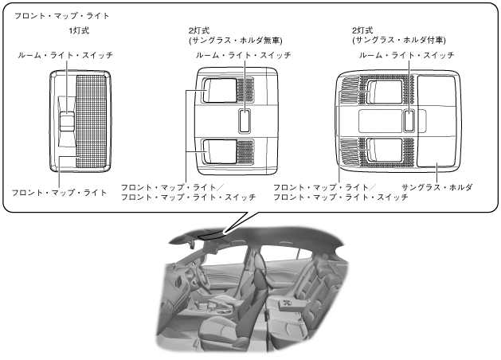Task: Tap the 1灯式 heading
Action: coord(80,31)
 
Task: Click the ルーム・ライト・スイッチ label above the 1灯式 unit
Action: coord(67,55)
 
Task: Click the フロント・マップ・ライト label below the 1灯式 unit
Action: coord(58,193)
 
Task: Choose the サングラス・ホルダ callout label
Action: coord(437,186)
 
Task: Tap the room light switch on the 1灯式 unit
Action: coord(67,119)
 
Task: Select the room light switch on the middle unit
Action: coord(243,120)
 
